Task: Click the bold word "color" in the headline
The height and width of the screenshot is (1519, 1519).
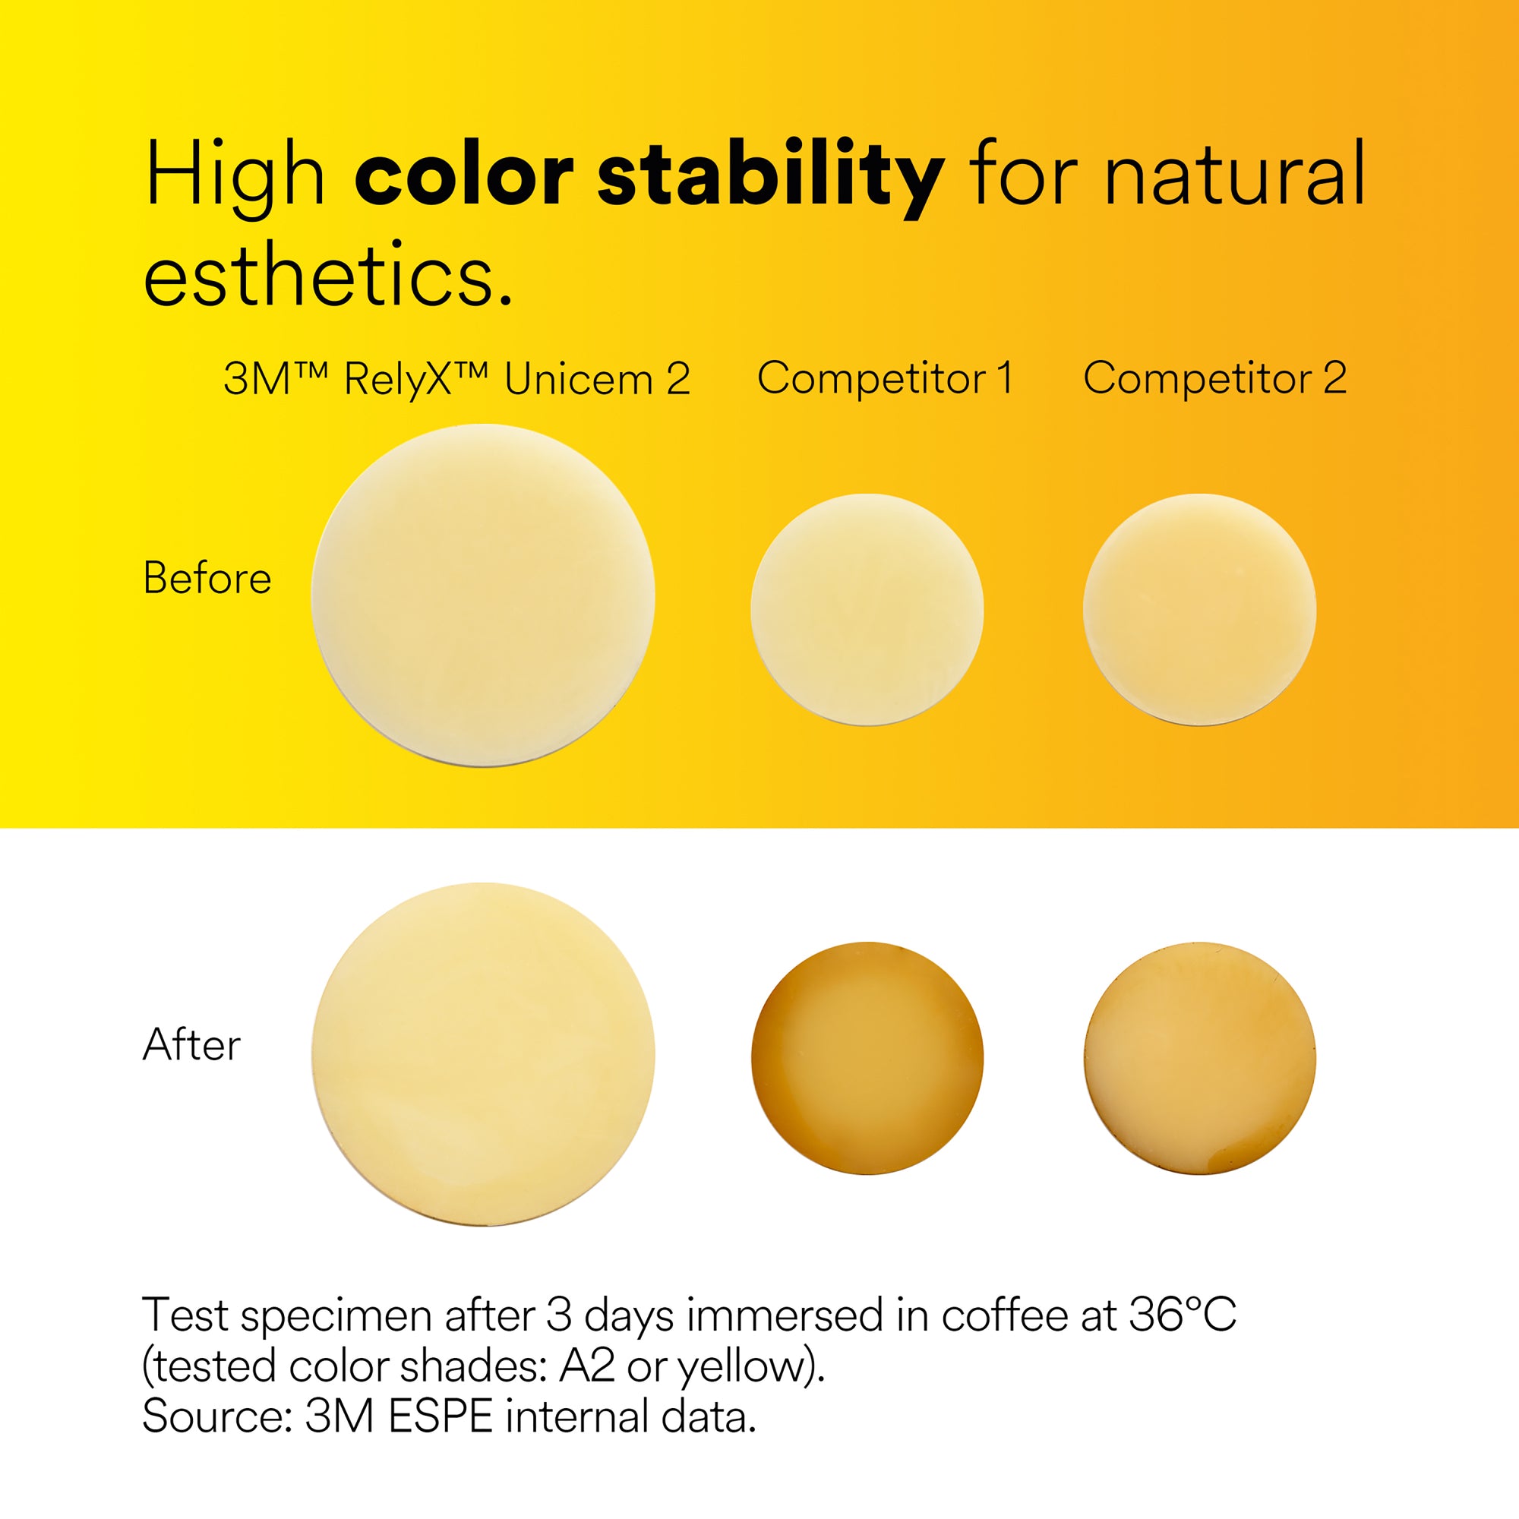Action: (x=468, y=175)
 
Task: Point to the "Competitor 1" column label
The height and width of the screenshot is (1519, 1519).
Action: (x=886, y=378)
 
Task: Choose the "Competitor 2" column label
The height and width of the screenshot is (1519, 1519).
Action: (x=1214, y=378)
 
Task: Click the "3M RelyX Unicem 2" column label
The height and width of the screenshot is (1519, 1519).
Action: (x=456, y=379)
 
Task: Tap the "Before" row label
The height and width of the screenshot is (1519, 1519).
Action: (x=207, y=578)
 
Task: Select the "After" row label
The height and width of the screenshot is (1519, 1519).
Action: (x=192, y=1045)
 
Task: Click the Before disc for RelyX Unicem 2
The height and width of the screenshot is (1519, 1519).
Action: (x=484, y=595)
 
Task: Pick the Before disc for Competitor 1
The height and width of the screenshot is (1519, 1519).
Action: (x=867, y=609)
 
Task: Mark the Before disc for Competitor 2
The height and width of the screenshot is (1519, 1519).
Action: (x=1200, y=609)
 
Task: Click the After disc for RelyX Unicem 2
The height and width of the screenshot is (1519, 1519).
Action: (x=484, y=1054)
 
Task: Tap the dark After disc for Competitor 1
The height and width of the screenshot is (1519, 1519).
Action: (x=867, y=1058)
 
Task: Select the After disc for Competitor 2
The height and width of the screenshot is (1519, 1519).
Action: (x=1200, y=1058)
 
